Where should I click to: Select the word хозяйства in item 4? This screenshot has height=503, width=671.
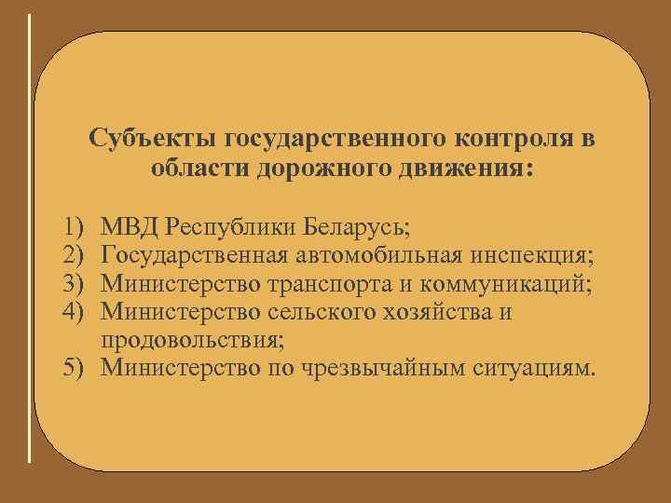[x=432, y=309]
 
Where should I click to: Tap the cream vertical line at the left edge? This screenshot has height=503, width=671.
[x=31, y=238]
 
